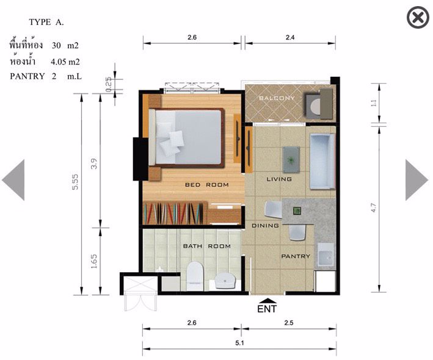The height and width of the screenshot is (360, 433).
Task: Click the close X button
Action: tap(418, 18)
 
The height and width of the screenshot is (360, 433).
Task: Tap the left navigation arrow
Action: tap(14, 180)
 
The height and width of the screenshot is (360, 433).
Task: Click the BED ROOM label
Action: tap(207, 185)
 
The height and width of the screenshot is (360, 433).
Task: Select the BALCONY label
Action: tap(277, 98)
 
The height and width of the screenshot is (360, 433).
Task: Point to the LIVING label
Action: tap(279, 179)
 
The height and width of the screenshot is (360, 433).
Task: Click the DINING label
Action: tap(266, 226)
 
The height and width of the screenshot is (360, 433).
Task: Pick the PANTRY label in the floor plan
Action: tap(296, 257)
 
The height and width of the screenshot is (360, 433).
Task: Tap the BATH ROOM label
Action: tap(207, 247)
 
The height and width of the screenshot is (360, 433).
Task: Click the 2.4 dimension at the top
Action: tap(290, 37)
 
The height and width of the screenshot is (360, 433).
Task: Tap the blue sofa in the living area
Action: tap(322, 162)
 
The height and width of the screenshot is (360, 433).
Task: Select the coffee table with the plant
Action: tap(291, 159)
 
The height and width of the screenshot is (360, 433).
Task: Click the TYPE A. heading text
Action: tap(46, 23)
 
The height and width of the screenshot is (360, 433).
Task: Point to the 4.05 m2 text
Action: tap(65, 61)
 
